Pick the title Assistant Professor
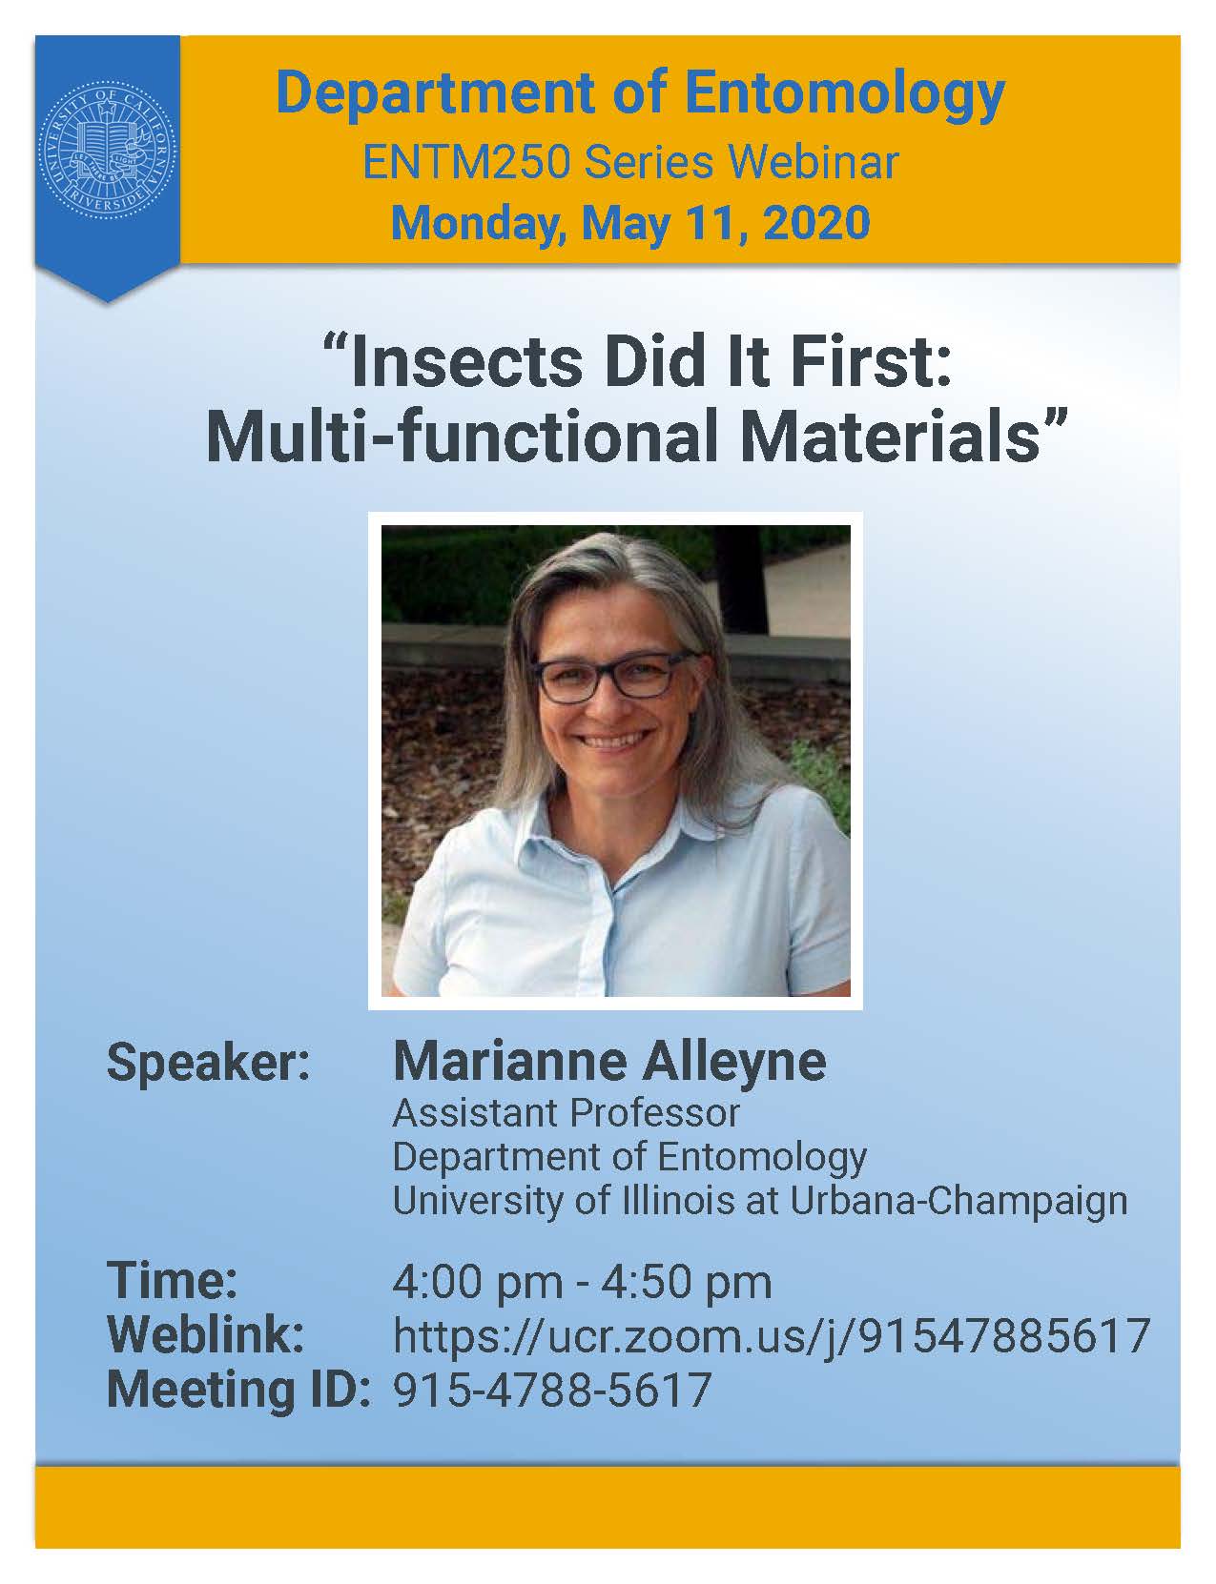point(567,1113)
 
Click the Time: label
point(173,1280)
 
